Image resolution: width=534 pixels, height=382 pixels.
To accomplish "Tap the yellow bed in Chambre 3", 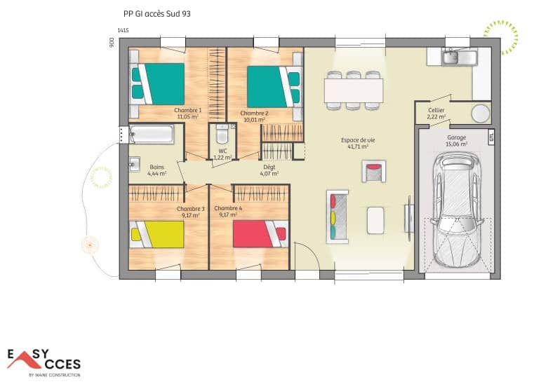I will pyautogui.click(x=158, y=233).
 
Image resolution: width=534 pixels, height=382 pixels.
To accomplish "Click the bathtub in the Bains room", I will pyautogui.click(x=152, y=133).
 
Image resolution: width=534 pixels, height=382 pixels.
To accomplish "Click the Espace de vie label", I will pyautogui.click(x=358, y=141).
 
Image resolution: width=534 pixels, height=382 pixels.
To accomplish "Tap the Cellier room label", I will pyautogui.click(x=436, y=110).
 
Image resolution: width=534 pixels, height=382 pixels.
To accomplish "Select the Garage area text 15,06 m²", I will pyautogui.click(x=457, y=144).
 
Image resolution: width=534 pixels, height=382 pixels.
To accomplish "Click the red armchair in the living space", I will pyautogui.click(x=373, y=171).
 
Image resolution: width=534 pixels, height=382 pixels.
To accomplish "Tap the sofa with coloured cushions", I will pyautogui.click(x=337, y=216).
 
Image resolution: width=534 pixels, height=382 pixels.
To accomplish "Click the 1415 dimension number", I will pyautogui.click(x=124, y=30).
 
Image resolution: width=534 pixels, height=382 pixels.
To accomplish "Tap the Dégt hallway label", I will pyautogui.click(x=269, y=168).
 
